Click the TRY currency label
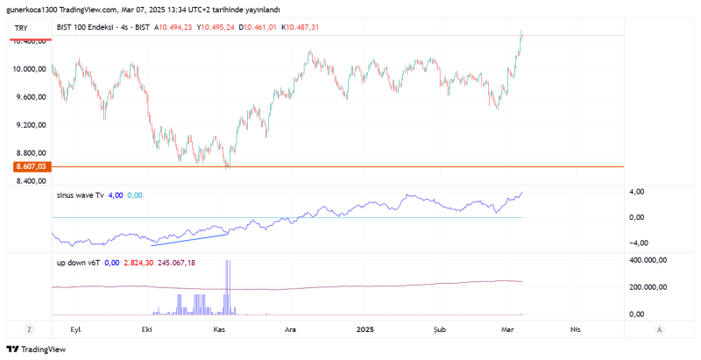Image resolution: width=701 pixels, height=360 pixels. [x=21, y=28]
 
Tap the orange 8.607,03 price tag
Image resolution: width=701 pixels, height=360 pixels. [x=29, y=166]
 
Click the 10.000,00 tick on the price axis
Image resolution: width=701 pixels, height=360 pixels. [x=29, y=69]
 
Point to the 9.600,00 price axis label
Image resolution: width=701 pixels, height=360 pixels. [x=29, y=97]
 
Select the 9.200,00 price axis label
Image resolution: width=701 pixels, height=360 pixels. [x=29, y=125]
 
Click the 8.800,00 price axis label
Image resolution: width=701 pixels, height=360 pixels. [x=29, y=153]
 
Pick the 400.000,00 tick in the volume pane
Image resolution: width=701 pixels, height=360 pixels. [x=650, y=260]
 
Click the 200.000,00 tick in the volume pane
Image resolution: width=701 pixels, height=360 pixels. [x=650, y=286]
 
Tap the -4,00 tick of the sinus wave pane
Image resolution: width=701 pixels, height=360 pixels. [x=638, y=244]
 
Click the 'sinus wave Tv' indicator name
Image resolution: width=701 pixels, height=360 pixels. [x=80, y=195]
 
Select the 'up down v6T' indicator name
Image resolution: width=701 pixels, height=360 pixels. [x=78, y=262]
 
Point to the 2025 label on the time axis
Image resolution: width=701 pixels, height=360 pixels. [x=366, y=329]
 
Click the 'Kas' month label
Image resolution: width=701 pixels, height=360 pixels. [x=221, y=329]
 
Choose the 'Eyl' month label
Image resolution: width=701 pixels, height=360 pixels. [x=75, y=329]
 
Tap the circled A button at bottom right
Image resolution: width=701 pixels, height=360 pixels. [x=658, y=329]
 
